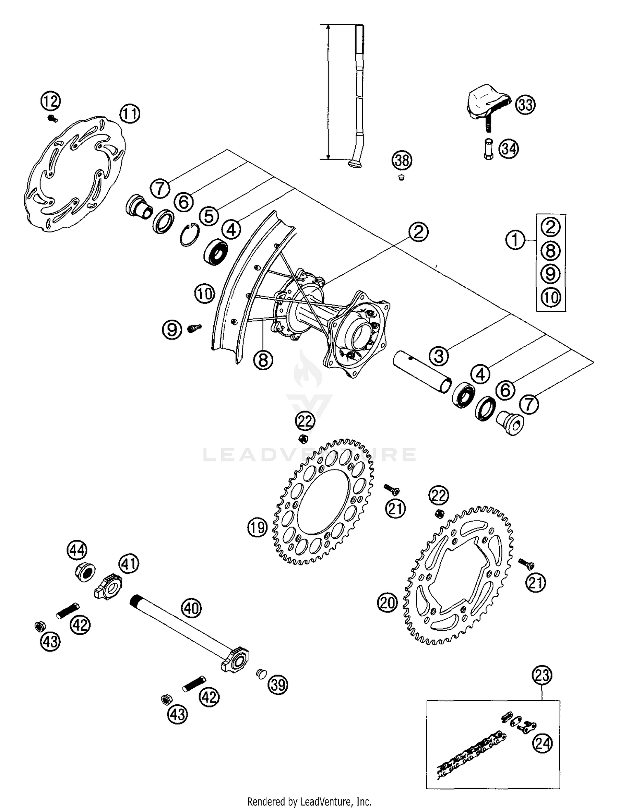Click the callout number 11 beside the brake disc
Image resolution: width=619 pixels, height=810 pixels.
coord(130,114)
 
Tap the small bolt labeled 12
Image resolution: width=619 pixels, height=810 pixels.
coord(52,119)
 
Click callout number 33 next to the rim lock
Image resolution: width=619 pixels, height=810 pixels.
coord(525,105)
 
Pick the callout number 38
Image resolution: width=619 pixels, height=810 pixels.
coord(402,160)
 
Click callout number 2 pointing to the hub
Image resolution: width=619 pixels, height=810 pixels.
coord(418,232)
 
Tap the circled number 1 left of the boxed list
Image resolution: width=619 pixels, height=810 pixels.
coord(515,240)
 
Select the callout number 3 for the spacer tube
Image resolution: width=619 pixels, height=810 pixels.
coord(439,355)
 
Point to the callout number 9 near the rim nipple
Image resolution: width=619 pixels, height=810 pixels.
coord(172,330)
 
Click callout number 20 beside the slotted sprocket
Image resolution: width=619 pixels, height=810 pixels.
coord(387,603)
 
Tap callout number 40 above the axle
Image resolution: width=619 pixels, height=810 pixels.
coord(191,608)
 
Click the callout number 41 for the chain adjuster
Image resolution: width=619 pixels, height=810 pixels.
coord(129,563)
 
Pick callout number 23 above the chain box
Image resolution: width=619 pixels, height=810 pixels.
coord(542,675)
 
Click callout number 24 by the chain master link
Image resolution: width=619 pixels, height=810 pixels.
coord(542,743)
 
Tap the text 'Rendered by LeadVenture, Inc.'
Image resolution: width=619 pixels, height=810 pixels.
coord(309,801)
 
